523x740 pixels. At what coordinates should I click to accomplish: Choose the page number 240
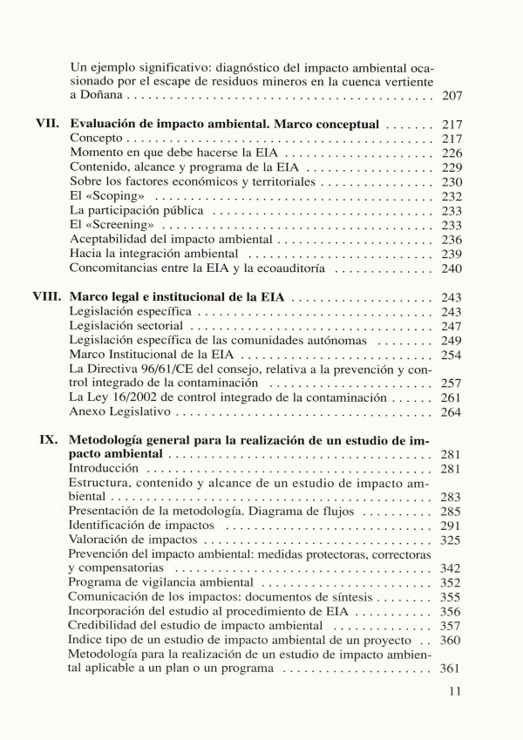(x=452, y=268)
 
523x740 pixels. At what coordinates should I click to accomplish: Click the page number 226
(x=452, y=153)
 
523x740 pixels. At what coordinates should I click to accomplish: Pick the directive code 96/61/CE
(x=176, y=369)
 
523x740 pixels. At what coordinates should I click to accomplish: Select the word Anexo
(x=87, y=411)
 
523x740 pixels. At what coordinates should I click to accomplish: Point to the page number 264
(x=452, y=411)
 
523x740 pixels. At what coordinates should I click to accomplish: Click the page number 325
(x=452, y=540)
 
